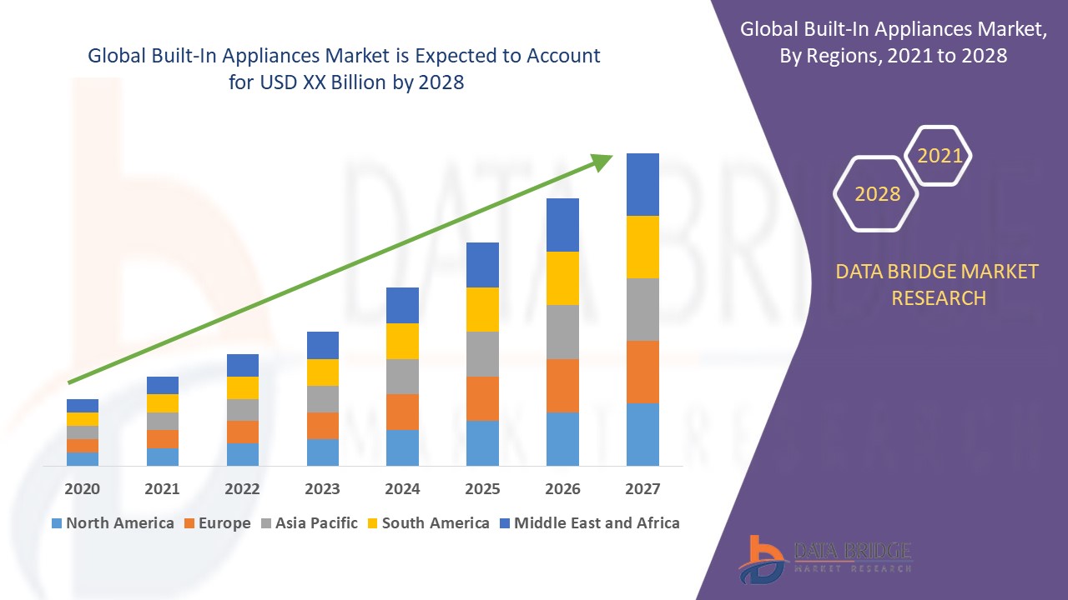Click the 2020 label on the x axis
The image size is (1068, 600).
[x=82, y=488]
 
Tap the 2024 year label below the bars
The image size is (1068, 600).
[x=402, y=488]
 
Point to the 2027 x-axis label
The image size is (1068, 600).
[x=642, y=488]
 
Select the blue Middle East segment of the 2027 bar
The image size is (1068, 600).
[x=642, y=184]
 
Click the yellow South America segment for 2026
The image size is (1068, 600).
[x=562, y=278]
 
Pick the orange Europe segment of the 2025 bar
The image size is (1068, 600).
[x=482, y=398]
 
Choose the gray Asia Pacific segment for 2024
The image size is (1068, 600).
[x=402, y=377]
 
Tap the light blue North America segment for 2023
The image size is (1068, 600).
[x=322, y=452]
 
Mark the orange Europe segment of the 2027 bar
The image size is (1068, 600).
[x=642, y=372]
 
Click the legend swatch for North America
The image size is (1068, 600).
[x=57, y=524]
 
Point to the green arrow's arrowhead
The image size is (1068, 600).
[x=602, y=161]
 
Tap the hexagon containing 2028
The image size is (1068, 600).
[x=877, y=193]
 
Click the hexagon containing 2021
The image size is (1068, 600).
[x=940, y=156]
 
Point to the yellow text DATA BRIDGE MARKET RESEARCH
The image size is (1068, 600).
[x=938, y=284]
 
